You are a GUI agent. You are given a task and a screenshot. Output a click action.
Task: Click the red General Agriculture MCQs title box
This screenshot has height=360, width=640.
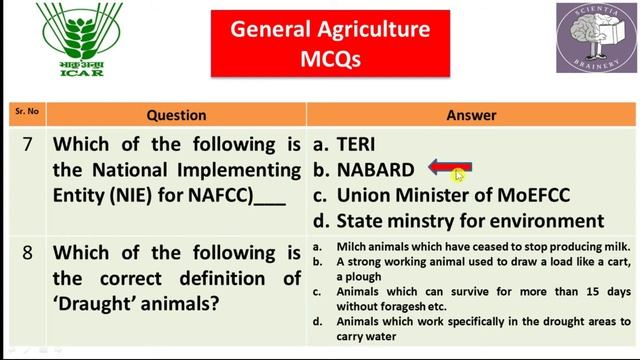pyautogui.click(x=330, y=44)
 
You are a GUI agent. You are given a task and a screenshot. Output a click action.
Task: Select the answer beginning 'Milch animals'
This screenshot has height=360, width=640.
pyautogui.click(x=475, y=246)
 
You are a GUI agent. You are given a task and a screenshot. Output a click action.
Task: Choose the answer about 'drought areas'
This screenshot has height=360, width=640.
pyautogui.click(x=475, y=328)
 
